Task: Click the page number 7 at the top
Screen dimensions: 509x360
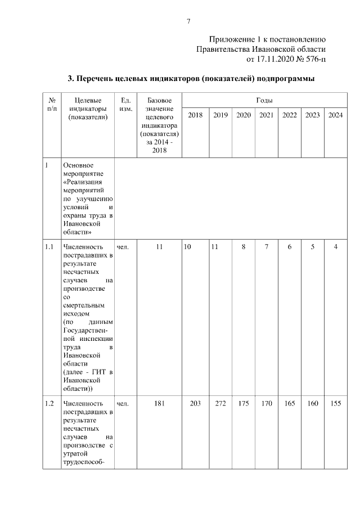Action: pos(188,21)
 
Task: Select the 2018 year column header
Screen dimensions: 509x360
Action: pos(195,115)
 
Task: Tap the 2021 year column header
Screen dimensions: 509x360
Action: pos(266,115)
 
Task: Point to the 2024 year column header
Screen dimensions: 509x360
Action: pos(335,115)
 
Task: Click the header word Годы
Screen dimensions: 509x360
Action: pos(264,100)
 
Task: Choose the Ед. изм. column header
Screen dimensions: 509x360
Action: pos(126,104)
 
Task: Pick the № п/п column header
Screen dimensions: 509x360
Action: pos(52,104)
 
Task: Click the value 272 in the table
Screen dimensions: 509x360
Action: pos(220,403)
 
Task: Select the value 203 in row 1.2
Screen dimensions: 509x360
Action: pos(195,403)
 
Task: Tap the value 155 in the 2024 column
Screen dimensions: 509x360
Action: pos(335,403)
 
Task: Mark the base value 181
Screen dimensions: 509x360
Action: pos(159,403)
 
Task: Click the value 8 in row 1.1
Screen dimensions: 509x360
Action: pos(243,246)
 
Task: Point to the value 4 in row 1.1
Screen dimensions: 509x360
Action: pos(335,246)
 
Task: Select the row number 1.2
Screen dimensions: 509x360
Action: pos(49,403)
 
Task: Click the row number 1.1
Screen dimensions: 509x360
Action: pos(49,246)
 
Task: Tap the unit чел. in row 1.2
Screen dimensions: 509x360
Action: pos(123,403)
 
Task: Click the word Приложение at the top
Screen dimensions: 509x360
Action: pos(232,39)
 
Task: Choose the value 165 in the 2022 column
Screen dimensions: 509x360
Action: pos(289,403)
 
